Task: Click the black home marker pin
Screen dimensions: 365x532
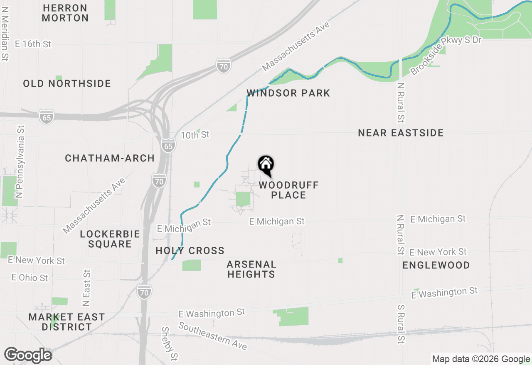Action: click(x=266, y=165)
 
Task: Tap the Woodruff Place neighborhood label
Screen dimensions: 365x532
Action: click(x=288, y=190)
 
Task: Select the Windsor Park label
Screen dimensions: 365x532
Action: click(x=288, y=93)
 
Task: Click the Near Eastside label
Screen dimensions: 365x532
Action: click(x=401, y=133)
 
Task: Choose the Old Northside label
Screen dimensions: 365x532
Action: click(x=67, y=83)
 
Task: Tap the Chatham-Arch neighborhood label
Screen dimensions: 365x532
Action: click(x=110, y=158)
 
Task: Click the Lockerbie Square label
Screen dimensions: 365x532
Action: click(x=110, y=239)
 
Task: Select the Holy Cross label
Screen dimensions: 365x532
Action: click(x=190, y=251)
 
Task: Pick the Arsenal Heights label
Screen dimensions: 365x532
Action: click(x=251, y=269)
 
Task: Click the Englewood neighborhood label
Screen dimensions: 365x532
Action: click(x=436, y=265)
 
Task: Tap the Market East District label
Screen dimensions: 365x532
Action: click(x=66, y=322)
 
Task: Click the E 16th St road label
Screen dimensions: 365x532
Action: click(x=33, y=44)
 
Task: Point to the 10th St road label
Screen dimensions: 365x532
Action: click(x=195, y=135)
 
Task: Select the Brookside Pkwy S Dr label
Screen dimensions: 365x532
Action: click(x=446, y=55)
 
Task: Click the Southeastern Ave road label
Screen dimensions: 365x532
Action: click(x=213, y=336)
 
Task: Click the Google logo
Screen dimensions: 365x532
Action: click(x=28, y=355)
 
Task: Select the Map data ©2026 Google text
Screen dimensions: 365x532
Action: click(x=481, y=359)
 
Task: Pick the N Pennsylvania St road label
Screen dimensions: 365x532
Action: click(x=20, y=162)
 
